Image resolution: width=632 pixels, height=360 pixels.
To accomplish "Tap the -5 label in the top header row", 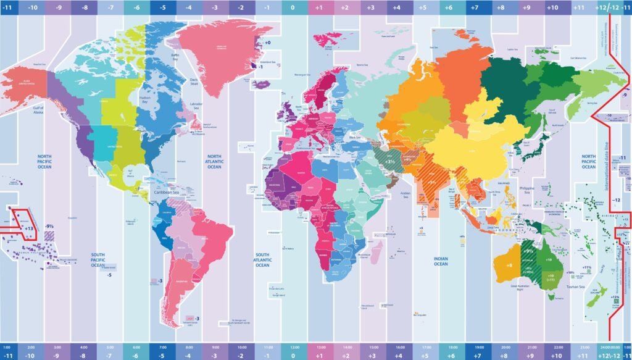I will tap(162, 8).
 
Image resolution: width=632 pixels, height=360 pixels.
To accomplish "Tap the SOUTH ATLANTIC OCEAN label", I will tap(262, 259).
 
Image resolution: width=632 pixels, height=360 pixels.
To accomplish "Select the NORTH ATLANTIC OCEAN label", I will tap(214, 161).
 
